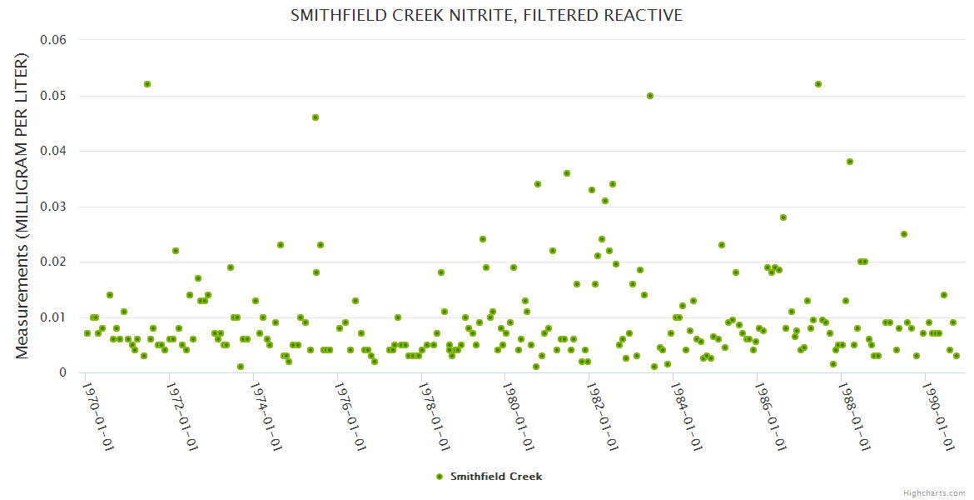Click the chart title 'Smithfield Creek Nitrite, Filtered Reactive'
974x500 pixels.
pyautogui.click(x=486, y=15)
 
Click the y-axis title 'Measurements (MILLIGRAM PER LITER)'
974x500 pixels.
pyautogui.click(x=22, y=206)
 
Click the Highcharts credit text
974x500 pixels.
pyautogui.click(x=934, y=492)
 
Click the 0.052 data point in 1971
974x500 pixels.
pyautogui.click(x=147, y=84)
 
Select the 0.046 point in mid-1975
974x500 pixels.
pyautogui.click(x=316, y=117)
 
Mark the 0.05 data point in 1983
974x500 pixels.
pyautogui.click(x=650, y=96)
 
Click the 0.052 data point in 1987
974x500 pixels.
pyautogui.click(x=818, y=84)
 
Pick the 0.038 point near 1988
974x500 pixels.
pyautogui.click(x=850, y=162)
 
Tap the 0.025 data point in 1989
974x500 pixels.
pyautogui.click(x=904, y=234)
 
